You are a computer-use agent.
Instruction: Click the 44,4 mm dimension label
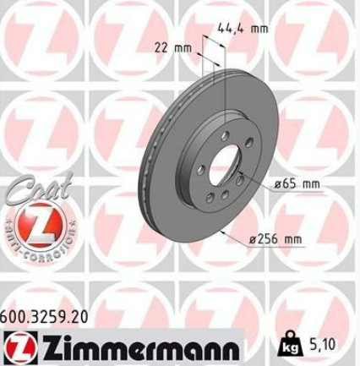[x=243, y=28]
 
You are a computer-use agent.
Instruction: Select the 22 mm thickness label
[x=173, y=48]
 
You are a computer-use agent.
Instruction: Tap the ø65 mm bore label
[x=297, y=184]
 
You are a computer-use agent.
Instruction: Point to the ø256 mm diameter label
[x=275, y=239]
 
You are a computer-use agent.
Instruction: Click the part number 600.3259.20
[x=44, y=317]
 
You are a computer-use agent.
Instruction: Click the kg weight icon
[x=289, y=343]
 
